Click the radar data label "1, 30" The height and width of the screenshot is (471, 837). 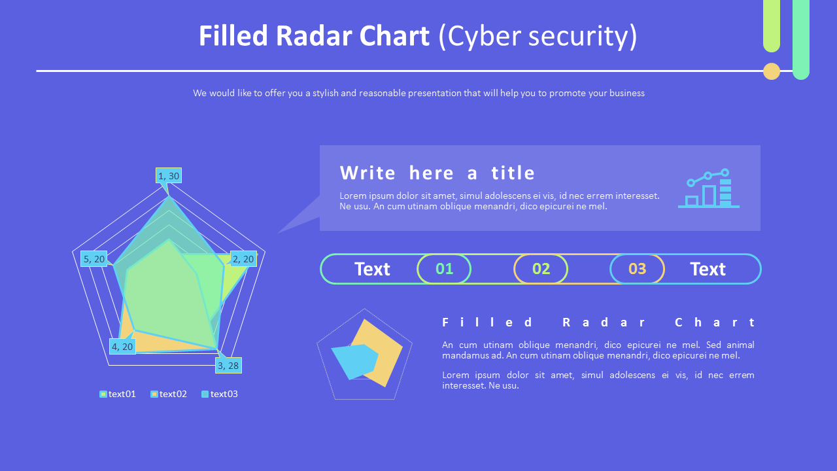pyautogui.click(x=169, y=175)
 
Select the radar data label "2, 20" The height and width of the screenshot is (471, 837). pyautogui.click(x=243, y=259)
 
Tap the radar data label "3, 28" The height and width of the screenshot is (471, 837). pyautogui.click(x=228, y=365)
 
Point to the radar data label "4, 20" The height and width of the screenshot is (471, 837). pyautogui.click(x=122, y=347)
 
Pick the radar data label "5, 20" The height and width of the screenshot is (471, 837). pyautogui.click(x=94, y=259)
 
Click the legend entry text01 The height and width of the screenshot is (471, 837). pyautogui.click(x=118, y=394)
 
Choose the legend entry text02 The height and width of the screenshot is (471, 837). pyautogui.click(x=169, y=394)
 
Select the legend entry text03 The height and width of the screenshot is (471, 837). pyautogui.click(x=220, y=394)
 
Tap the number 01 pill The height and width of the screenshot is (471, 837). pyautogui.click(x=444, y=269)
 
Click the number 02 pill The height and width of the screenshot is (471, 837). pyautogui.click(x=541, y=269)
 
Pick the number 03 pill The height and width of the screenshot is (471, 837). pyautogui.click(x=637, y=269)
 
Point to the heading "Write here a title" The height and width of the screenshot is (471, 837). pyautogui.click(x=437, y=173)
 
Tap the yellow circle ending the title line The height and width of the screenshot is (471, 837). pyautogui.click(x=772, y=71)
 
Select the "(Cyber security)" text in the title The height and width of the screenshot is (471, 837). pyautogui.click(x=538, y=36)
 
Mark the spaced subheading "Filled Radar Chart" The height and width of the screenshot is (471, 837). pyautogui.click(x=598, y=322)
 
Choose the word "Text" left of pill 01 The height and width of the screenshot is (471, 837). pyautogui.click(x=372, y=269)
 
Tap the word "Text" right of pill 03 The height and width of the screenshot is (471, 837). pyautogui.click(x=708, y=269)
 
